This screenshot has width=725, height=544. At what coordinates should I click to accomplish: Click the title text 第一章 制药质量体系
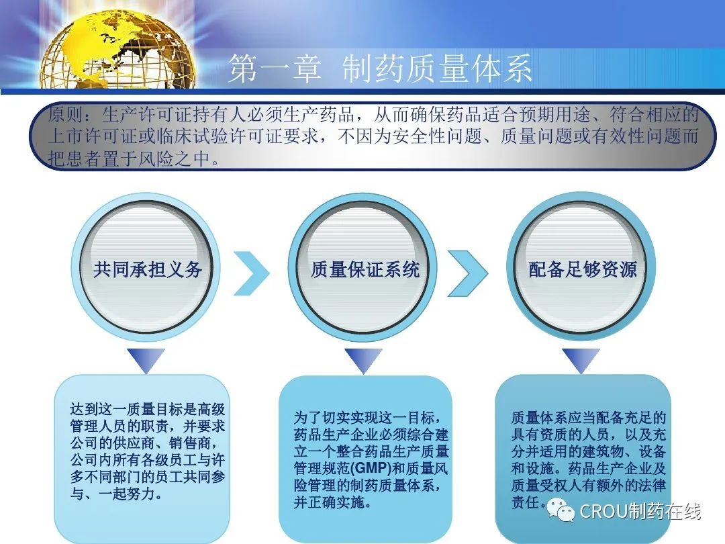pos(380,69)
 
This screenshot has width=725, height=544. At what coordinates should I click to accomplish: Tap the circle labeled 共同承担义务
pos(146,268)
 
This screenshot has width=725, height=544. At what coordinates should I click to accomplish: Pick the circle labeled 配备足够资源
pos(581,268)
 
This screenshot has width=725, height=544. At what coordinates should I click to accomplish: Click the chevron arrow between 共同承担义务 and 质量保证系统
pos(252,273)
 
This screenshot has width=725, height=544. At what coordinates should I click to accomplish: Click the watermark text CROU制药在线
pos(640,511)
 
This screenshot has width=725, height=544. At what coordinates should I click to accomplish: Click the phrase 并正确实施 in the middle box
pos(328,502)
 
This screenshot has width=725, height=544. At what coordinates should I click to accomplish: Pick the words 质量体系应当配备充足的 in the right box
pos(588,418)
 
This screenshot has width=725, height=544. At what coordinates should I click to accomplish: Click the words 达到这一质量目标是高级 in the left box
pos(148,409)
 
